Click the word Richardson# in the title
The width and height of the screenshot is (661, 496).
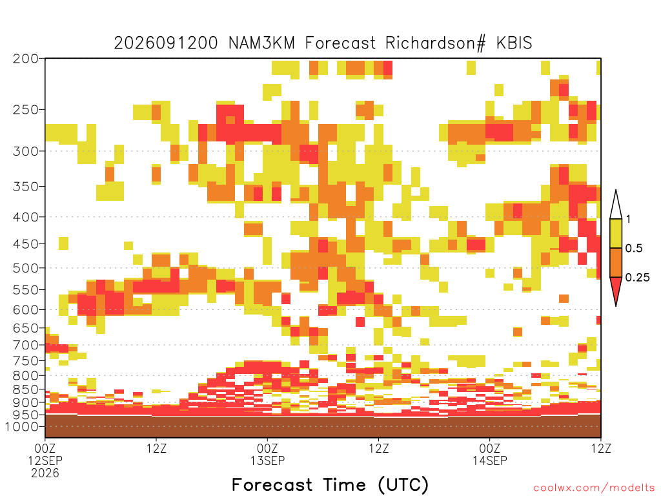click(436, 43)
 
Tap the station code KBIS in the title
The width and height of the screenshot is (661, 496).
click(514, 43)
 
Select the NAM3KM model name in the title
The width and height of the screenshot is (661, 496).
click(261, 43)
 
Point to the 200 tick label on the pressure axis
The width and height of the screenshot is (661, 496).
click(26, 59)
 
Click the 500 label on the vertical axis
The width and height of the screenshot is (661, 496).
click(26, 268)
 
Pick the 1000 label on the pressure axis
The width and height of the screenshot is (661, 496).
click(22, 426)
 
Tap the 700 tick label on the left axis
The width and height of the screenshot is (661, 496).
click(26, 345)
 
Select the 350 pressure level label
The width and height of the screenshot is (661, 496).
click(26, 187)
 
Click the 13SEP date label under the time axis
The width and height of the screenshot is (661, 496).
click(268, 460)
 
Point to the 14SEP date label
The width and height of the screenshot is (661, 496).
click(490, 460)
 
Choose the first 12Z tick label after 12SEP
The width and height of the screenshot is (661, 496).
click(156, 448)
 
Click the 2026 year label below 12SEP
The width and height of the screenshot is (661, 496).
click(45, 473)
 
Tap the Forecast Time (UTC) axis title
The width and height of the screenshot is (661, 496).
click(330, 484)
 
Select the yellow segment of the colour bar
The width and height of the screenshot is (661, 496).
click(616, 233)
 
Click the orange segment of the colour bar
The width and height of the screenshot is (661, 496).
click(616, 262)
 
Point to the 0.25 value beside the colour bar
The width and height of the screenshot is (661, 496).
click(637, 278)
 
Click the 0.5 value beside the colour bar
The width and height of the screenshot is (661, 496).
click(634, 248)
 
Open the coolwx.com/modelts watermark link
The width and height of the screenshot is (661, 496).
click(594, 488)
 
